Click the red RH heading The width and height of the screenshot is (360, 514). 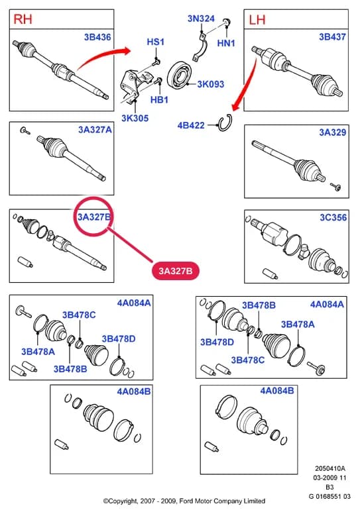tap(23, 19)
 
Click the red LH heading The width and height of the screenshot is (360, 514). tap(257, 20)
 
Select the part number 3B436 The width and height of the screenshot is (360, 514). tap(97, 37)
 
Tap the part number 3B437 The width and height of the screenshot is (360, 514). tap(332, 36)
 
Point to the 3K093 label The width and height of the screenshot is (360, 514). tap(211, 84)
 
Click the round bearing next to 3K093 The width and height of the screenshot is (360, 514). tap(179, 75)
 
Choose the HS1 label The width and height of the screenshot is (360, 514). tap(156, 42)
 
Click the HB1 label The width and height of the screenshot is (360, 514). tap(159, 99)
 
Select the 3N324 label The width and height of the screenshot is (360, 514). tap(201, 19)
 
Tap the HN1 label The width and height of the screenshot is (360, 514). tap(226, 43)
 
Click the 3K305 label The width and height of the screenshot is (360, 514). tap(135, 118)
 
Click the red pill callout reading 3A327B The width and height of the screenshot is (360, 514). tap(176, 271)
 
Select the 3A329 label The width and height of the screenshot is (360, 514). tap(333, 132)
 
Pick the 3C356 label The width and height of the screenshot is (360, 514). tap(333, 217)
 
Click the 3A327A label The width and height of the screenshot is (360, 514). tap(95, 130)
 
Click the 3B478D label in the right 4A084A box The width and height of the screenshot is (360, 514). tap(217, 342)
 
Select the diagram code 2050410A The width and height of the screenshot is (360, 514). tap(330, 468)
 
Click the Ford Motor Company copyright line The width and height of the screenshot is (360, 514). tap(184, 501)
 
